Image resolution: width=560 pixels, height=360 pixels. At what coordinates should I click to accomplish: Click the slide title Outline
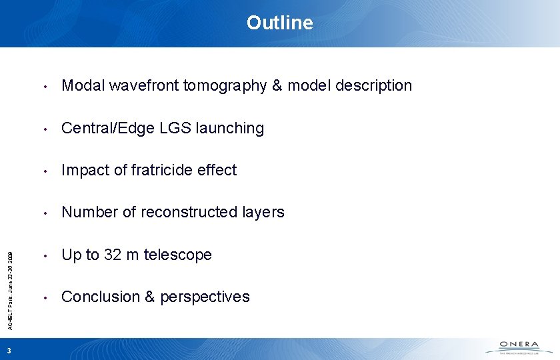pos(279,23)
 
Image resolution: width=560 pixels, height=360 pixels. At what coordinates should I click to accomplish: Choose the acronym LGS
pos(168,128)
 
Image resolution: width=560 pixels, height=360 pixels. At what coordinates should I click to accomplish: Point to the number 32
pos(113,255)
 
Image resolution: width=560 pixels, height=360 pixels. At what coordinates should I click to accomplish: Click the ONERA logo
pos(521,347)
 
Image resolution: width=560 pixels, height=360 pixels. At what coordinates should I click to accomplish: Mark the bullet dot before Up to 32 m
pos(44,255)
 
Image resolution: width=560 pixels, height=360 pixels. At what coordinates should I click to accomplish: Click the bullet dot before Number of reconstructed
pos(44,213)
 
